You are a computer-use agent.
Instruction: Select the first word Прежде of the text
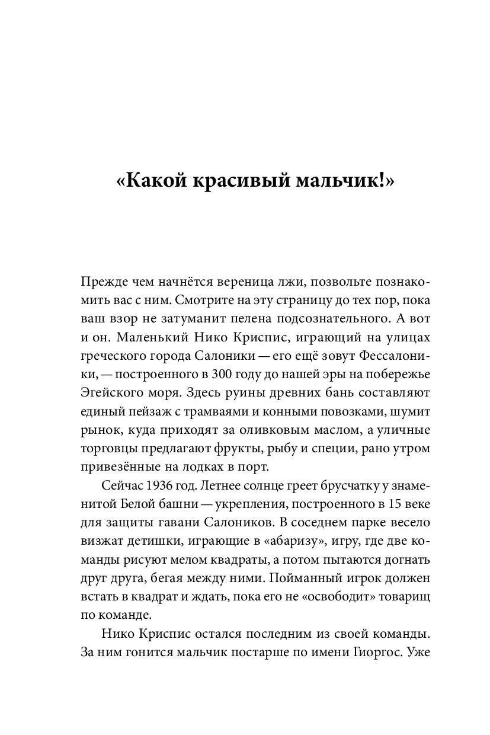(x=102, y=283)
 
